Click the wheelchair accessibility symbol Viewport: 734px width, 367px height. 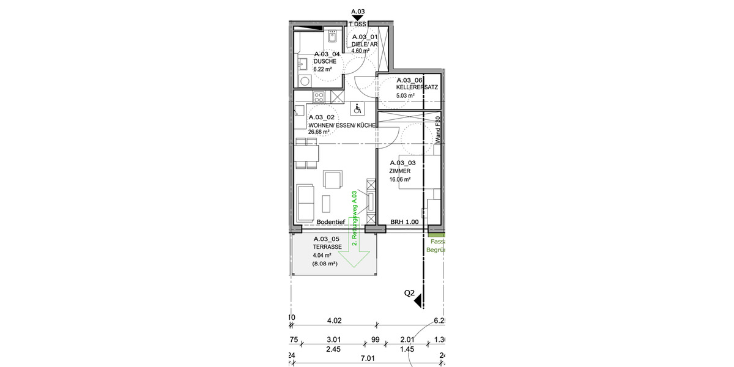[x=358, y=109]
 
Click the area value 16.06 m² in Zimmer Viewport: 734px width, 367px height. [x=399, y=180]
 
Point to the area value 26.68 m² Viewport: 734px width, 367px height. [x=319, y=132]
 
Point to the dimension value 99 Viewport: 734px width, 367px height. [x=376, y=340]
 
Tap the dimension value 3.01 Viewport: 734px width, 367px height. [x=333, y=340]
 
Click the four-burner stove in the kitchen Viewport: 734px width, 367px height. [x=319, y=96]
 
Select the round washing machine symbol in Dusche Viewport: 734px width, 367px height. [x=304, y=81]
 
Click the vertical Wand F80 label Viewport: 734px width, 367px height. [x=438, y=130]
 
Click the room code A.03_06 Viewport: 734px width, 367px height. [x=410, y=80]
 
